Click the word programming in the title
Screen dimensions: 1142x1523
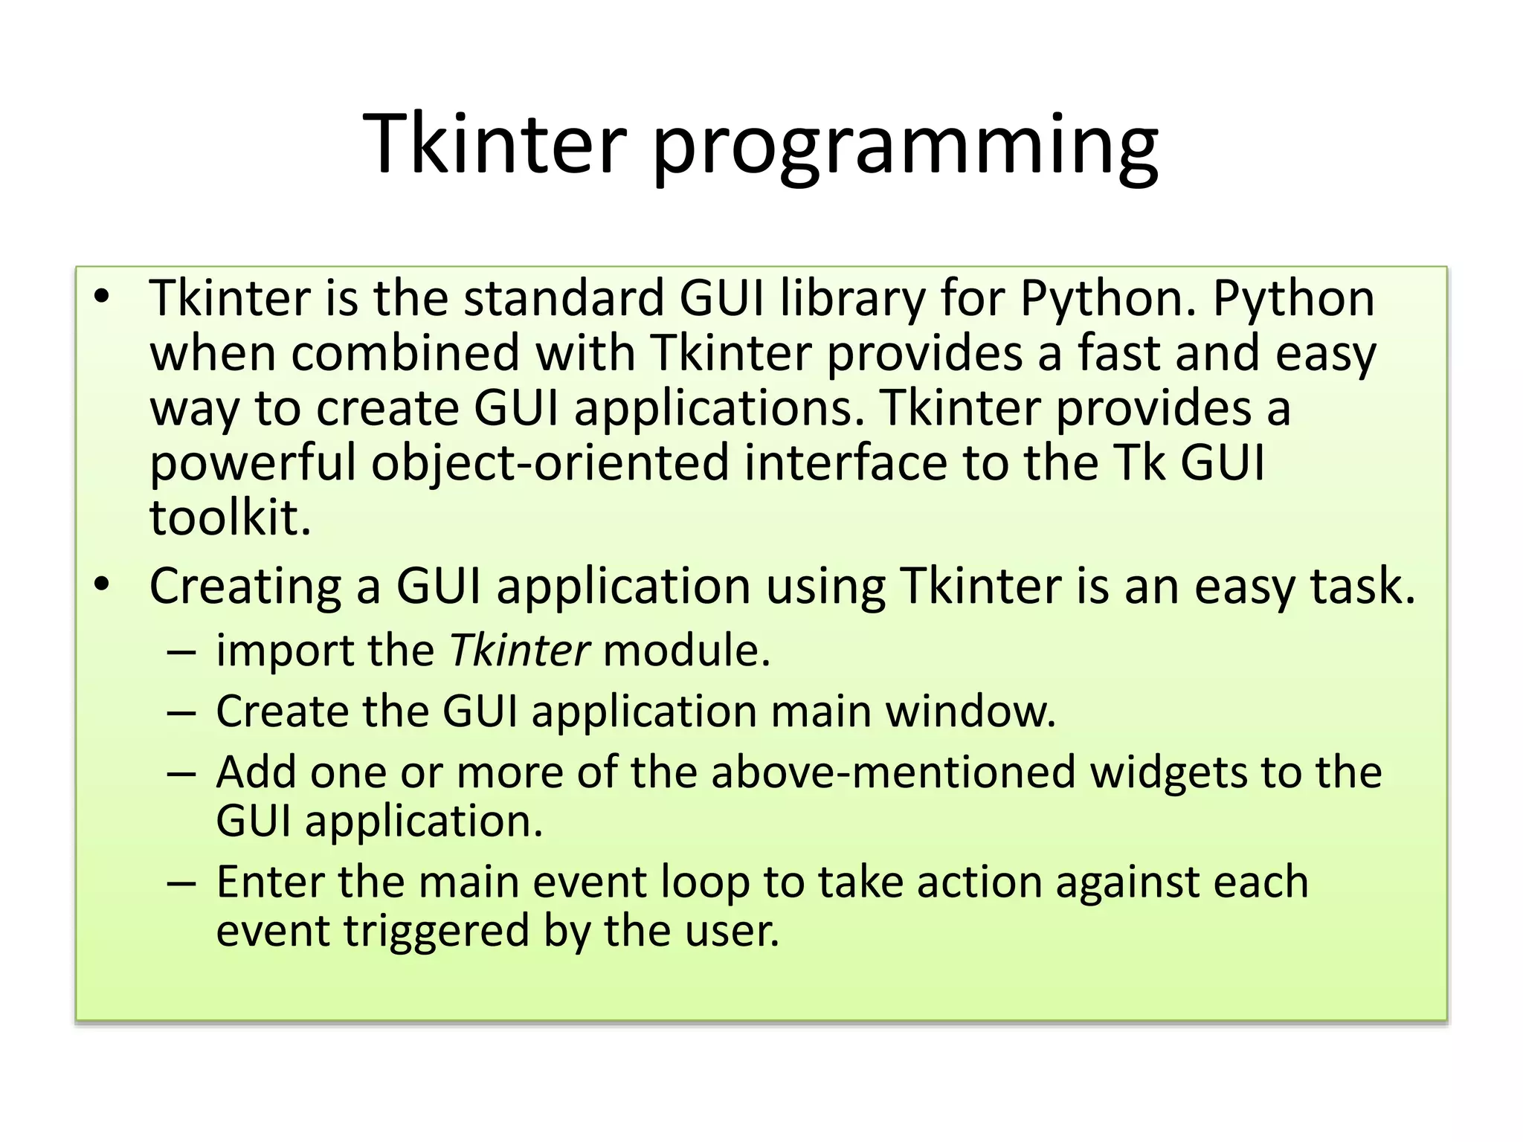(x=905, y=145)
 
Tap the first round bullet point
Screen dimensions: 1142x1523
(x=102, y=297)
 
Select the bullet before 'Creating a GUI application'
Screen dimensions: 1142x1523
(x=102, y=584)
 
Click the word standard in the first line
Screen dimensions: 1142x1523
(x=563, y=298)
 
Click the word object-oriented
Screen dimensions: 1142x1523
(x=550, y=463)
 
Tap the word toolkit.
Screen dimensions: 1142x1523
(x=230, y=517)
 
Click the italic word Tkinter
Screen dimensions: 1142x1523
(x=520, y=651)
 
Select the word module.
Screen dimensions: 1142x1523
(x=686, y=651)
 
